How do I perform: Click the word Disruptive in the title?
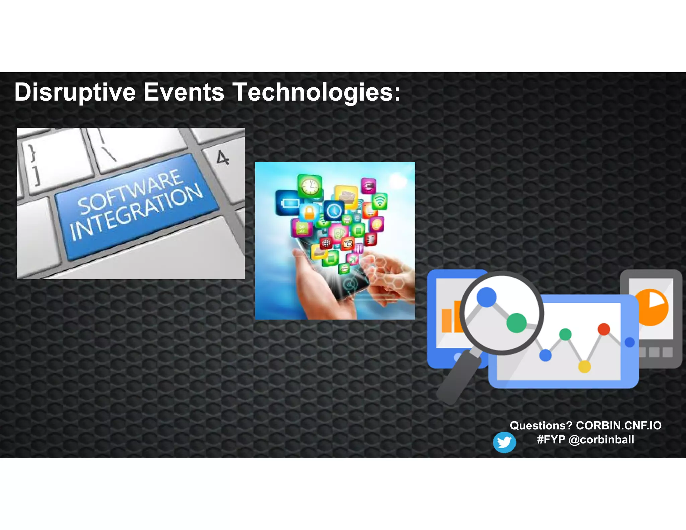click(x=75, y=92)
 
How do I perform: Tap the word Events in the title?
click(x=184, y=92)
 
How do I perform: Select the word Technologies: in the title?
click(x=317, y=92)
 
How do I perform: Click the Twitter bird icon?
click(x=504, y=442)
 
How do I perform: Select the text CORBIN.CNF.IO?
click(x=618, y=425)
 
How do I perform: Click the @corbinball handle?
click(x=601, y=440)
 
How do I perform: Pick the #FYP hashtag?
click(x=551, y=440)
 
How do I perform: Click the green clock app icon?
click(x=310, y=186)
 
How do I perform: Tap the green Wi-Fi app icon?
click(x=380, y=201)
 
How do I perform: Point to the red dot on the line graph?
click(x=604, y=329)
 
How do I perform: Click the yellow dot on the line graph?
click(x=585, y=367)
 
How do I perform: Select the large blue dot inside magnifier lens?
click(x=486, y=297)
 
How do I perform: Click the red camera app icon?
click(x=348, y=244)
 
